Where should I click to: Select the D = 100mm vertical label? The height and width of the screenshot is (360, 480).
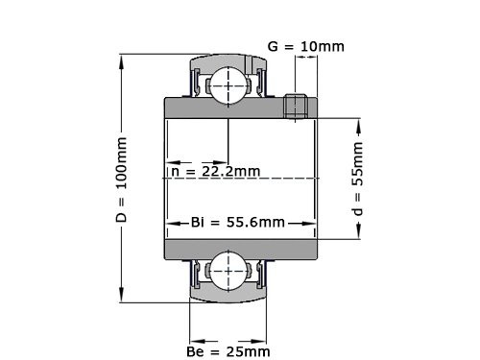click(x=121, y=179)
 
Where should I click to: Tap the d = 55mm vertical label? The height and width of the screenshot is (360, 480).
click(x=357, y=179)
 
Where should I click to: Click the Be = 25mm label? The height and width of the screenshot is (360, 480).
click(x=228, y=353)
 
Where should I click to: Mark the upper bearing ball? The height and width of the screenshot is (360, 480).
click(x=228, y=85)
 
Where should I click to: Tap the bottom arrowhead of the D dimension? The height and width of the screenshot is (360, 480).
click(x=122, y=297)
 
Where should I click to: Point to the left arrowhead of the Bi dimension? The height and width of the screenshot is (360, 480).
click(x=171, y=223)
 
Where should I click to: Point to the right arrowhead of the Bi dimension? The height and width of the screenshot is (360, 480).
click(x=315, y=223)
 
